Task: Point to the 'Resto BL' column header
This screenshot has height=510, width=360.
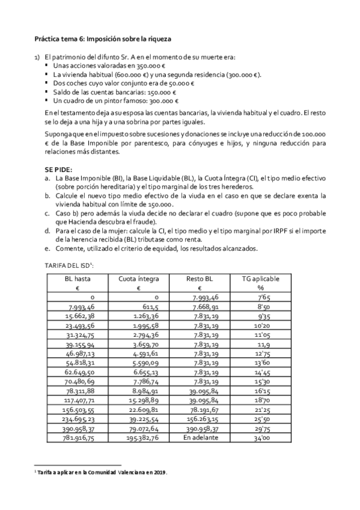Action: point(200,279)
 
